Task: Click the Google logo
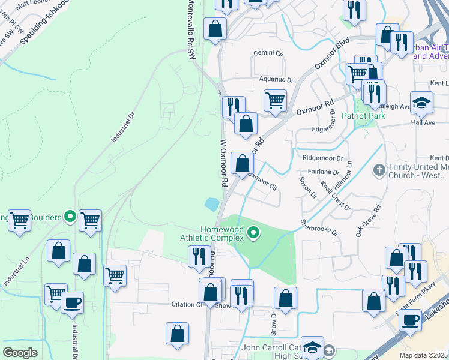click(20, 352)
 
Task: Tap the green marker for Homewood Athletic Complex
click(253, 232)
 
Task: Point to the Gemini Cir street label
click(268, 53)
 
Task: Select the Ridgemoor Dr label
click(322, 158)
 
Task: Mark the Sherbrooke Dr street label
click(320, 227)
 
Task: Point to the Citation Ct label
click(187, 304)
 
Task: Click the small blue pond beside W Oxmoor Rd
click(212, 204)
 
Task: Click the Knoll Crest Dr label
click(335, 196)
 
